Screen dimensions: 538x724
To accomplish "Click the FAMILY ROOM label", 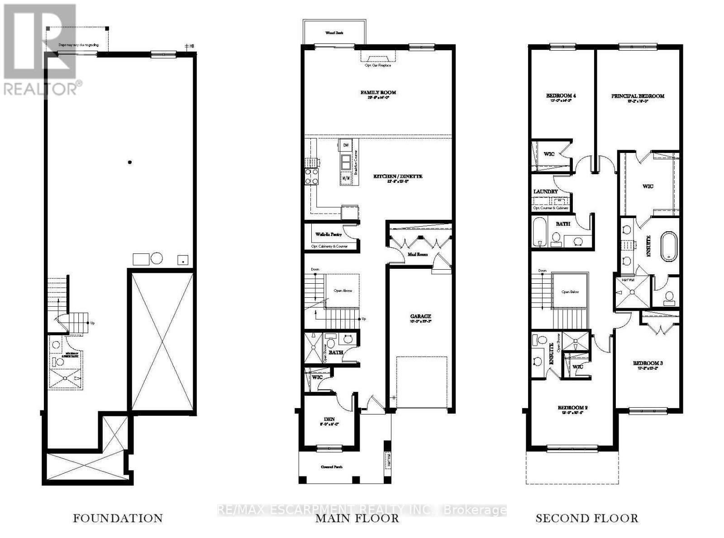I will (378, 92).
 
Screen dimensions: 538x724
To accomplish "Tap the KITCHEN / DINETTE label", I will (398, 176).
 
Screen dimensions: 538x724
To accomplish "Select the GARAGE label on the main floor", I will (420, 316).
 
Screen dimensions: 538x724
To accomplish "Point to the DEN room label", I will (329, 419).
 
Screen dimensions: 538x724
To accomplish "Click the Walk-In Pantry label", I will (329, 234).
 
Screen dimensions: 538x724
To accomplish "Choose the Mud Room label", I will (417, 254).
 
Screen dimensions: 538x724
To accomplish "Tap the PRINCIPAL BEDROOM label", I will (638, 96).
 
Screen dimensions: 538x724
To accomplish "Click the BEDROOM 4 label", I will (561, 95).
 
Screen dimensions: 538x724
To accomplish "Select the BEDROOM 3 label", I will (648, 363).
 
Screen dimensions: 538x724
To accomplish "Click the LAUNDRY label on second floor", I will (545, 191).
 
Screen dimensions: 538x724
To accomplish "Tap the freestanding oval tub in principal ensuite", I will (669, 247).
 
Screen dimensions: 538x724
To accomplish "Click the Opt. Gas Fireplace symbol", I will (378, 57).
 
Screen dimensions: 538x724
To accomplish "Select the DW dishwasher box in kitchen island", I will (346, 145).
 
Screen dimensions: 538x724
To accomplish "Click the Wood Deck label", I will (334, 33).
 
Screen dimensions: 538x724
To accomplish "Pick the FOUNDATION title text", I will (118, 518).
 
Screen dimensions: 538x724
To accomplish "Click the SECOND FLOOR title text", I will (587, 518).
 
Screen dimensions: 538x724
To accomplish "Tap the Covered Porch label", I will (331, 467).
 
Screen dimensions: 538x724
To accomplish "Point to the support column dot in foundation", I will (130, 162).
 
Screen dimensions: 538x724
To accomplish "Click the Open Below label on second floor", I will (571, 292).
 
